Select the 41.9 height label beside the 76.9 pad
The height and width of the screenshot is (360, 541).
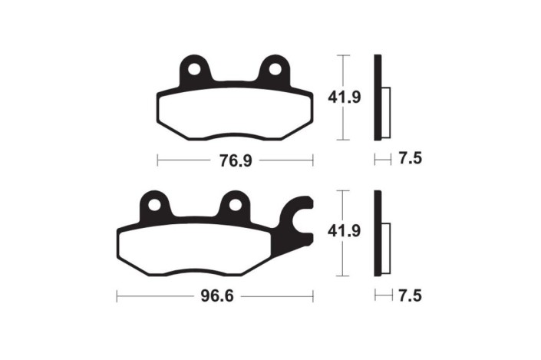(345, 97)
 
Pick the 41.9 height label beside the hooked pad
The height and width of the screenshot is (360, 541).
(345, 231)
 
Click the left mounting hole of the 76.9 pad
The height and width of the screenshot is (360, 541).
(195, 70)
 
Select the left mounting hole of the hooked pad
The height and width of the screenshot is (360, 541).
(155, 205)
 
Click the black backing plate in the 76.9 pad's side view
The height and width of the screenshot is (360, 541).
(377, 97)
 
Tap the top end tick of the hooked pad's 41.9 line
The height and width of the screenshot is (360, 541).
(345, 190)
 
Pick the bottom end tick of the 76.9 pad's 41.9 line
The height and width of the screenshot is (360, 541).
(345, 140)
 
